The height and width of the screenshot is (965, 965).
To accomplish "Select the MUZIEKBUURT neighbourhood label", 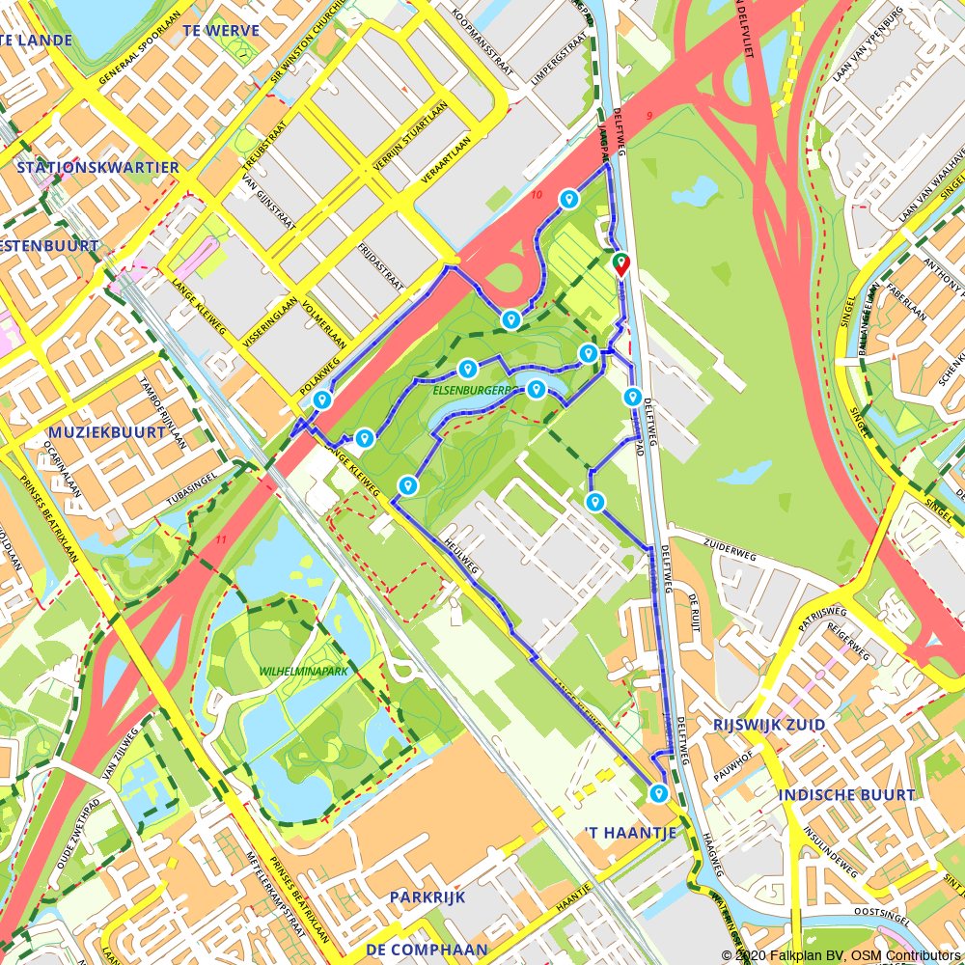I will click(91, 432).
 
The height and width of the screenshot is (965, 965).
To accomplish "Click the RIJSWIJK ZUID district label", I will click(768, 725).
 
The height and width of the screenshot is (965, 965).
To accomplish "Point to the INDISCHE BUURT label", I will click(846, 795).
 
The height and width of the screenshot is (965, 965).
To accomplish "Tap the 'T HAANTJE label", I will click(625, 832).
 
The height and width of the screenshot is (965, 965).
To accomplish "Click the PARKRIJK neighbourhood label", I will click(427, 897).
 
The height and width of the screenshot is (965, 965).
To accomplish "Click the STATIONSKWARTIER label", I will click(97, 168).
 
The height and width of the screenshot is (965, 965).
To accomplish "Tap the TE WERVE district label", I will click(221, 31).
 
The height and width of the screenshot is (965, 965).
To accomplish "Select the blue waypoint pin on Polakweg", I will click(323, 400).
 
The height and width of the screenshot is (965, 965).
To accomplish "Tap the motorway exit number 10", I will click(537, 196).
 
